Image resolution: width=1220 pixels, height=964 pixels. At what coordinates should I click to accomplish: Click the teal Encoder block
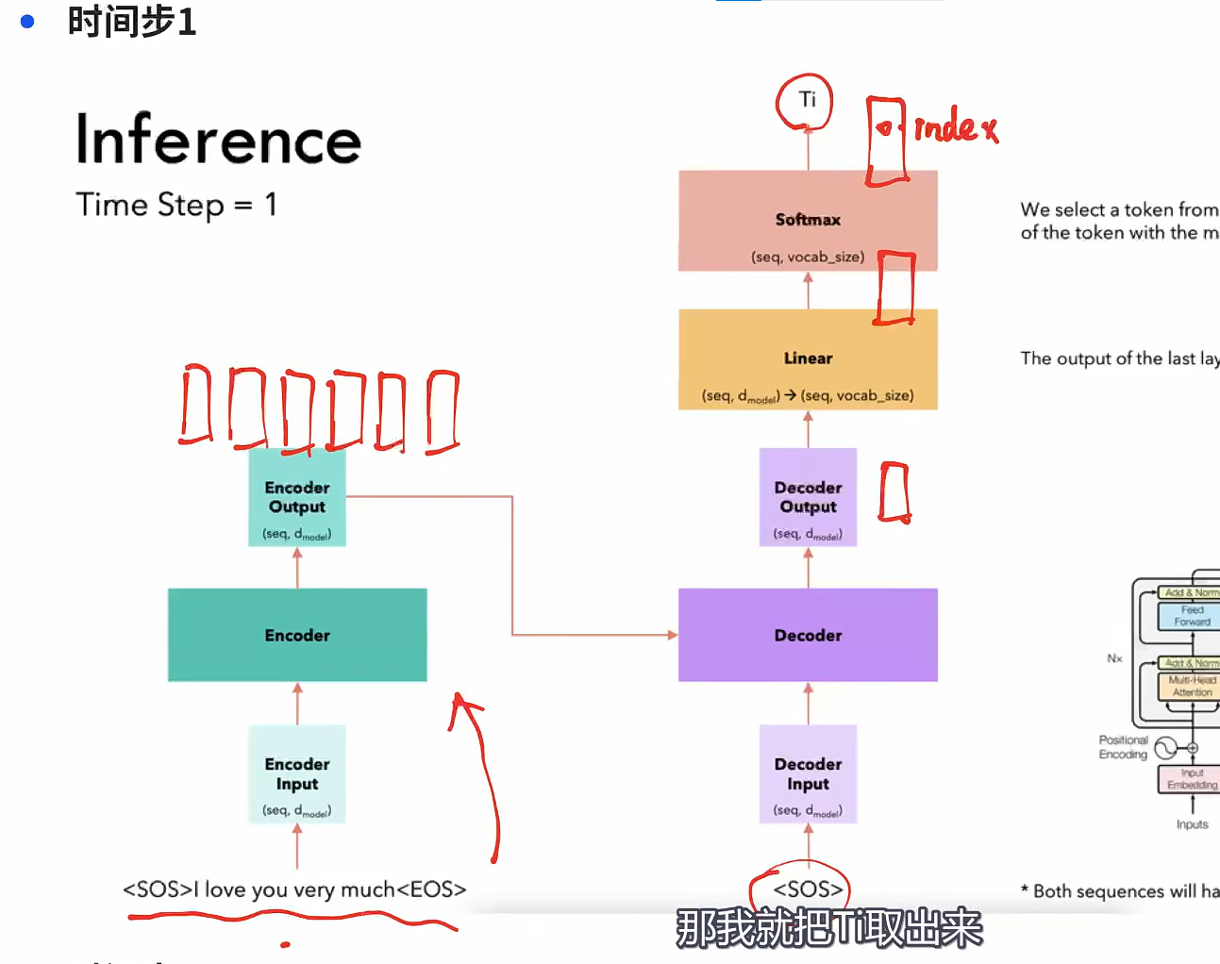click(x=297, y=635)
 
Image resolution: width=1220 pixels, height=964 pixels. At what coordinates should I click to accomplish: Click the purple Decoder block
click(x=808, y=635)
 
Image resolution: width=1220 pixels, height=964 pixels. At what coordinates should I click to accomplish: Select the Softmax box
click(x=808, y=221)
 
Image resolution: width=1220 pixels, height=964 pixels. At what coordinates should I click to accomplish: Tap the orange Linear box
click(x=808, y=359)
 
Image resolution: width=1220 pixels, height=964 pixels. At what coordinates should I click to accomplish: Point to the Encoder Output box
click(x=297, y=498)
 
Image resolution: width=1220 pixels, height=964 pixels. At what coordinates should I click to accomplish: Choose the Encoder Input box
click(x=297, y=774)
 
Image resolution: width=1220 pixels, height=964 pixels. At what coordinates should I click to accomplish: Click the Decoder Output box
click(x=808, y=498)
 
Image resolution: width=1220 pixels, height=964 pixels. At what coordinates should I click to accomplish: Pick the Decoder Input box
click(x=808, y=774)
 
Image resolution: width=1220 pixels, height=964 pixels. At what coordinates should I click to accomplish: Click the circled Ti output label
click(x=807, y=100)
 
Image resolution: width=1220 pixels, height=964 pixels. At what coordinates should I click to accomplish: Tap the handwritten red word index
click(x=955, y=126)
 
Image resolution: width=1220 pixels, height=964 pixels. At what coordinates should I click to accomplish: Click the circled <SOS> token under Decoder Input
click(x=807, y=889)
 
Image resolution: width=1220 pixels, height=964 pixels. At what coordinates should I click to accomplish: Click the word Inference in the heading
click(x=218, y=140)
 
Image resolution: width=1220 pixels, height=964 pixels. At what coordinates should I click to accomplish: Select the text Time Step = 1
click(x=176, y=205)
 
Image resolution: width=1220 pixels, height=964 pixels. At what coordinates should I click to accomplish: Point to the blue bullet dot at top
click(x=27, y=21)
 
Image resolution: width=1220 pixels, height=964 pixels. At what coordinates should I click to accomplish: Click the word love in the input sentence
click(x=225, y=889)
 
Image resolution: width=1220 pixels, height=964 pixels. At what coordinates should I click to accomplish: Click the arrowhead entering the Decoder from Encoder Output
click(x=672, y=635)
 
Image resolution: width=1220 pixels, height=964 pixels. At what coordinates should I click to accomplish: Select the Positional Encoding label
click(x=1123, y=747)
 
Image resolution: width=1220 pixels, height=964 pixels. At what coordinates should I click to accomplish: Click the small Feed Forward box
click(x=1191, y=616)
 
